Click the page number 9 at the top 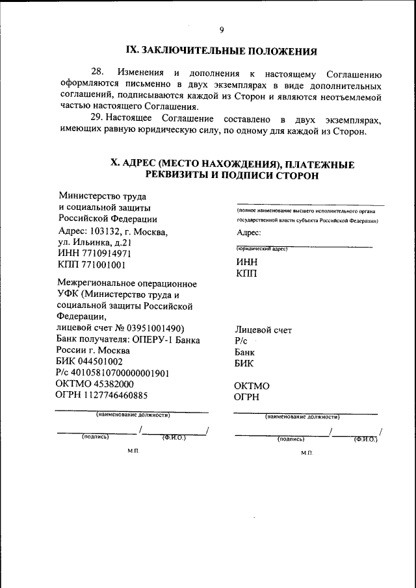(x=221, y=30)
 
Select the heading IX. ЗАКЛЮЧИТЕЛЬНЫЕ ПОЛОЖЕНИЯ (x=221, y=51)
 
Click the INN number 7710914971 (x=106, y=253)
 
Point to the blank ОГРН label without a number (x=246, y=396)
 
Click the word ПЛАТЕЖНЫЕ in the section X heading (x=320, y=164)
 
